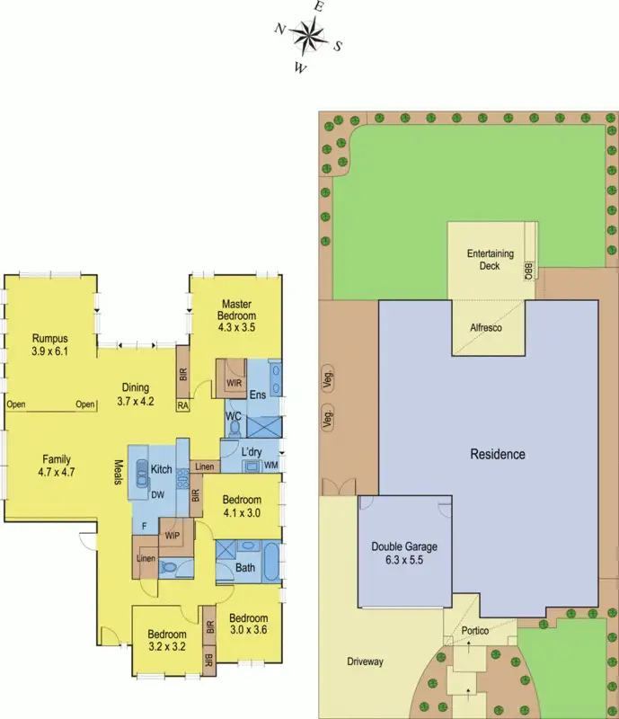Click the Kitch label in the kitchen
click(x=161, y=469)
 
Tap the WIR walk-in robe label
click(x=234, y=382)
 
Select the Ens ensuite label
click(x=258, y=395)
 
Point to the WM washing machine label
click(x=270, y=465)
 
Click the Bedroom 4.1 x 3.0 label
click(x=242, y=507)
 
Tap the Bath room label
click(x=244, y=567)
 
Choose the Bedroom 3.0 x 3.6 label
click(x=248, y=625)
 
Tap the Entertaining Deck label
click(x=490, y=261)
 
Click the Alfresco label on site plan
click(x=486, y=329)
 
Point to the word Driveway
click(x=365, y=662)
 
